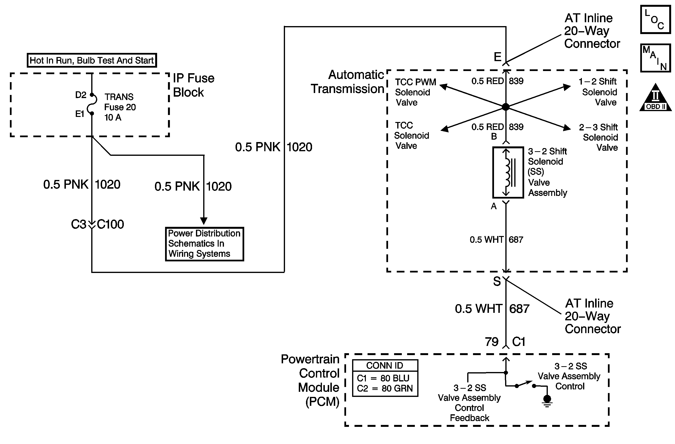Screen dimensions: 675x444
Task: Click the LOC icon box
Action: (x=655, y=20)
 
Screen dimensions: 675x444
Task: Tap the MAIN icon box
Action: (x=655, y=58)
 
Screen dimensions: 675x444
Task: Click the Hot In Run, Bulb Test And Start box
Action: (x=92, y=60)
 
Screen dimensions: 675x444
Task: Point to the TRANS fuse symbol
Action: (x=92, y=104)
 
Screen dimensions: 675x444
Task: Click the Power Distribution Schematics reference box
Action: (x=204, y=244)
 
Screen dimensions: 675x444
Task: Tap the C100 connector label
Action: (x=110, y=224)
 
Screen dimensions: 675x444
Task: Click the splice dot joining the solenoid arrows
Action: (x=506, y=107)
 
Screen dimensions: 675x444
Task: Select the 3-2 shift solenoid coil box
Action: (x=508, y=172)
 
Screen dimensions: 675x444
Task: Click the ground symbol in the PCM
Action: (x=547, y=401)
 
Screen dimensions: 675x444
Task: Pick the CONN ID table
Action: (x=385, y=378)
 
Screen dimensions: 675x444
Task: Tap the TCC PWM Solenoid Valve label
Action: (x=416, y=92)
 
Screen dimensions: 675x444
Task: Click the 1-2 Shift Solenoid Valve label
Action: (x=598, y=92)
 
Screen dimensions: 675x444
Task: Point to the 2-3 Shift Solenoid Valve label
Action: (x=598, y=137)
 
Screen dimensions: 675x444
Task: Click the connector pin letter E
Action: (x=497, y=57)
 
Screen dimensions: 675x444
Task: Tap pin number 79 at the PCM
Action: (x=492, y=342)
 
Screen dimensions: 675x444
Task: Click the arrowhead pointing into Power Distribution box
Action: (x=204, y=221)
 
